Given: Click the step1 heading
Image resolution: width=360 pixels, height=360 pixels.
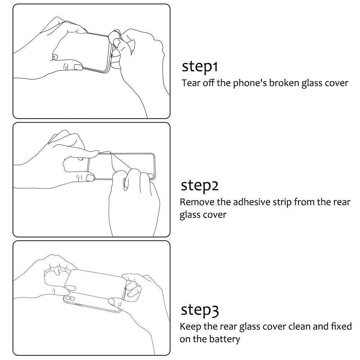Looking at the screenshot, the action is pyautogui.click(x=200, y=67).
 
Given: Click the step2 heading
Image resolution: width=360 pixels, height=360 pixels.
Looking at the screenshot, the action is pyautogui.click(x=200, y=186).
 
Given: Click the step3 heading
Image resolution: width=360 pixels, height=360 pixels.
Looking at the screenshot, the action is pyautogui.click(x=200, y=310).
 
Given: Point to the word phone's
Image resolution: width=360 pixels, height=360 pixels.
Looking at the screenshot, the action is pyautogui.click(x=250, y=83).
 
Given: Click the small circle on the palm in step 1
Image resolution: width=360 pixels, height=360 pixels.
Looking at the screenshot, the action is pyautogui.click(x=54, y=56).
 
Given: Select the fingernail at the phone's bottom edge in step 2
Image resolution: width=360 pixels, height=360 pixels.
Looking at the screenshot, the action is pyautogui.click(x=90, y=177).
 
